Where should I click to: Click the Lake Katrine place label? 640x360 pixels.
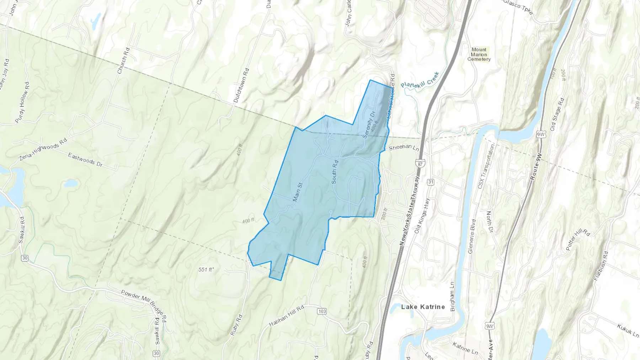(423, 307)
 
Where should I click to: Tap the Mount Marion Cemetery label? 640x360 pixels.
(479, 54)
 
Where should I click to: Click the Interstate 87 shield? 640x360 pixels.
(421, 164)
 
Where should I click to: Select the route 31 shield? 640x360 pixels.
(431, 182)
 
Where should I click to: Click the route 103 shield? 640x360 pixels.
(321, 311)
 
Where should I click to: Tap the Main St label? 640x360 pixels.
(298, 192)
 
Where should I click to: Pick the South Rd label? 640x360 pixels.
(335, 172)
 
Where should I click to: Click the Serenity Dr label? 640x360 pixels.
(369, 124)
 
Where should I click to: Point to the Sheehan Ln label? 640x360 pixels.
(404, 147)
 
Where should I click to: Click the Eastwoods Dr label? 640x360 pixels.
(85, 160)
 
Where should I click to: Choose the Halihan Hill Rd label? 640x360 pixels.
(286, 316)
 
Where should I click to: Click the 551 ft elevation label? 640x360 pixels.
(206, 270)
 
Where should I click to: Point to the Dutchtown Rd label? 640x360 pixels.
(241, 85)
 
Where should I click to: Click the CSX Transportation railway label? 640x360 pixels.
(486, 166)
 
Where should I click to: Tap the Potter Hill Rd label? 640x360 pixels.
(578, 240)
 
